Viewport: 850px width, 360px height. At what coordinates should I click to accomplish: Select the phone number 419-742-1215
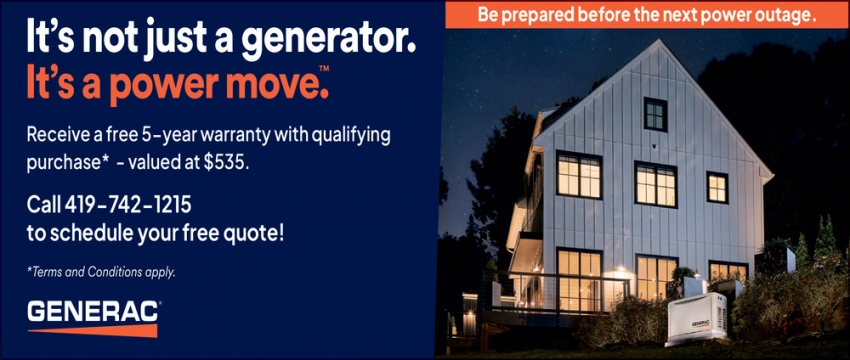128,205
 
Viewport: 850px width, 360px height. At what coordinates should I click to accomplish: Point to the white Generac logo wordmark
93,311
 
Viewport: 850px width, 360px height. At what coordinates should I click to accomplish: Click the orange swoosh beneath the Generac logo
93,330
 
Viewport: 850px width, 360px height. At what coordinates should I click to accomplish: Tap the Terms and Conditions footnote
101,272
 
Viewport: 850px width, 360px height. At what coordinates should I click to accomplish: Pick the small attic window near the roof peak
655,114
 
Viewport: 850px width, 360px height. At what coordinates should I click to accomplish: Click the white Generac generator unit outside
696,319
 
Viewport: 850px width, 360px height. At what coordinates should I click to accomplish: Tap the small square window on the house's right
717,188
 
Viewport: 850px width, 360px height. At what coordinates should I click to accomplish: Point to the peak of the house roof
658,40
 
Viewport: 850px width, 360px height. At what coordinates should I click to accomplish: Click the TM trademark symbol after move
324,68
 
